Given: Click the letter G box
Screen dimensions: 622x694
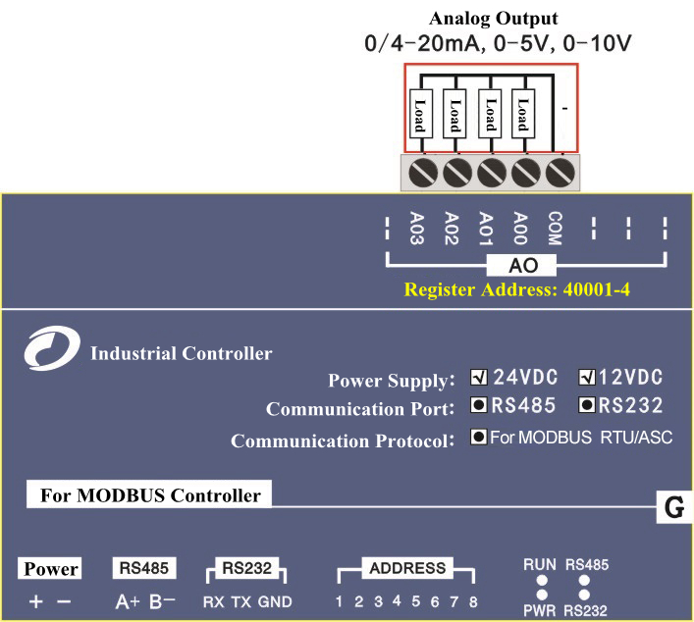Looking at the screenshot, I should point(674,508).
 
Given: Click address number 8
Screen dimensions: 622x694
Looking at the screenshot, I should point(473,601).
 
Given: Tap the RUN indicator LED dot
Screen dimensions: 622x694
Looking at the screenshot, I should point(539,580).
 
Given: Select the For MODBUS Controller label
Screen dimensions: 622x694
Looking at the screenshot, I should point(149,494).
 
